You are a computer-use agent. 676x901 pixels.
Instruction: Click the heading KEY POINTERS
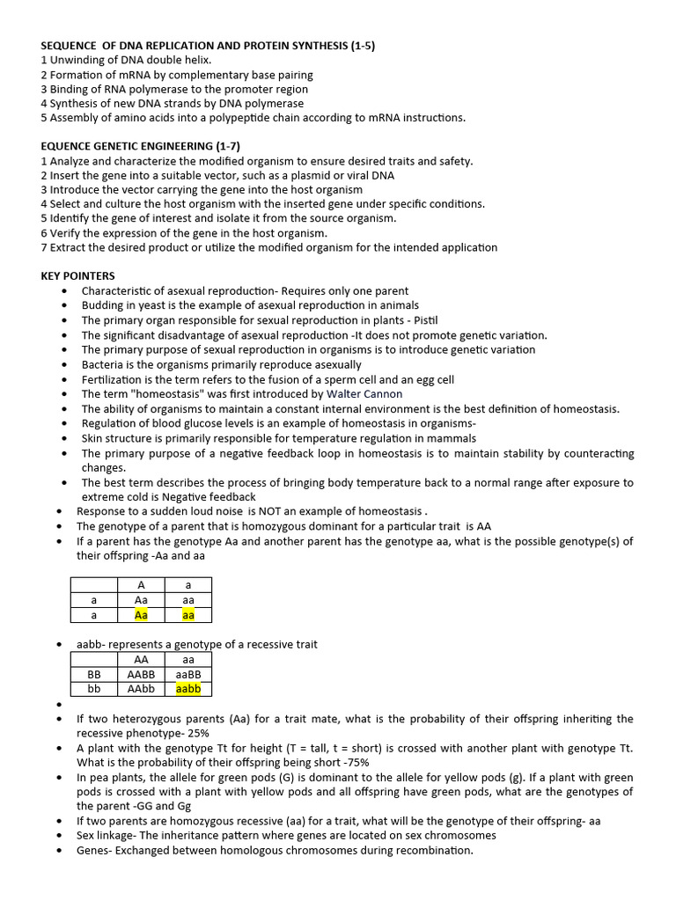pyautogui.click(x=77, y=275)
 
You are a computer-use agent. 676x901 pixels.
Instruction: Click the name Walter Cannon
pyautogui.click(x=364, y=394)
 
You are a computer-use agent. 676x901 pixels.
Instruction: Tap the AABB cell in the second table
pyautogui.click(x=141, y=674)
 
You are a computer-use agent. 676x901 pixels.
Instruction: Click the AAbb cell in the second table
pyautogui.click(x=141, y=689)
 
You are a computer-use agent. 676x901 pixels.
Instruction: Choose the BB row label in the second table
pyautogui.click(x=94, y=674)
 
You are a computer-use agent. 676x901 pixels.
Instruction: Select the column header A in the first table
pyautogui.click(x=141, y=584)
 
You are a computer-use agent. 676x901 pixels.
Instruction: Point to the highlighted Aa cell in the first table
pyautogui.click(x=141, y=615)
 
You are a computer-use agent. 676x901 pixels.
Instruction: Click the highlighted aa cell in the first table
pyautogui.click(x=188, y=615)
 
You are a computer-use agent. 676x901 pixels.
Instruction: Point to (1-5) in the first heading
pyautogui.click(x=358, y=45)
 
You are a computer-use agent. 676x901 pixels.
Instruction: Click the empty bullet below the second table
pyautogui.click(x=58, y=705)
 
